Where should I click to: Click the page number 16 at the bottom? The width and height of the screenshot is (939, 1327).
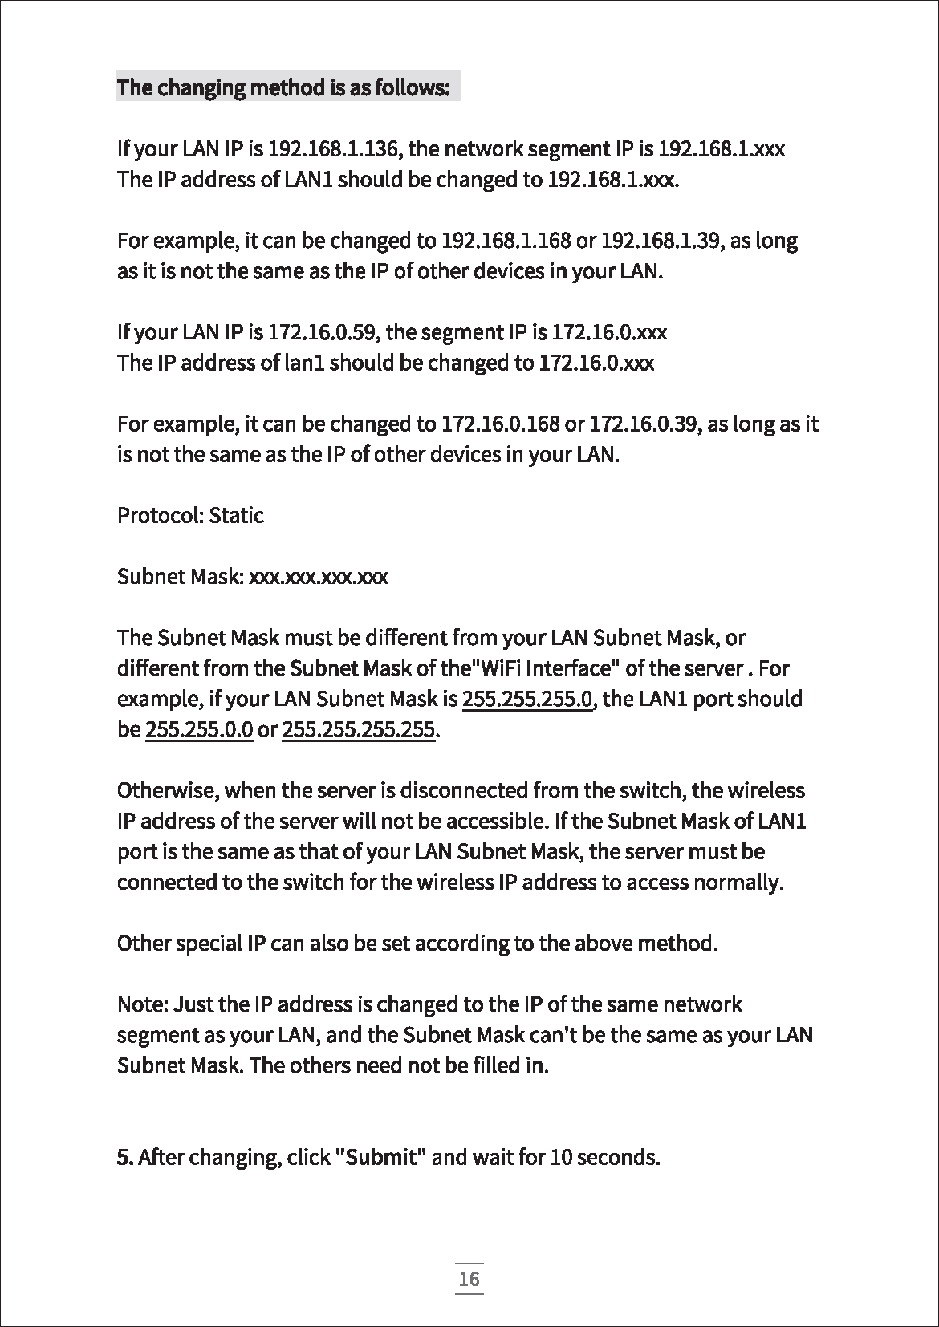[469, 1278]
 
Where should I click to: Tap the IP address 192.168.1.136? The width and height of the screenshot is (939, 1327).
[337, 149]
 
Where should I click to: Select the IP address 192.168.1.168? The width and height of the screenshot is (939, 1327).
[506, 241]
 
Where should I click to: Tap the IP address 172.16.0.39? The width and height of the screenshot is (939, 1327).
[641, 424]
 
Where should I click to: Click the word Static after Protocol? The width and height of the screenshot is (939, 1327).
[236, 515]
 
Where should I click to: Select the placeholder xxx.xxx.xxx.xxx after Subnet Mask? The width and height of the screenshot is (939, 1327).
[319, 577]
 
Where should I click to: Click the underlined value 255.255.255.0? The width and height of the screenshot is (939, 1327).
[528, 699]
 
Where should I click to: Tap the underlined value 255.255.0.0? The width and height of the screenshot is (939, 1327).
[199, 730]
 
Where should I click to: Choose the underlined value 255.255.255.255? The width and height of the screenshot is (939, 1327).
[359, 730]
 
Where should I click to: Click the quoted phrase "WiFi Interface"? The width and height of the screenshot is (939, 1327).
[539, 668]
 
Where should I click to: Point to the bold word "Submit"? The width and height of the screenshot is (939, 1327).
[380, 1157]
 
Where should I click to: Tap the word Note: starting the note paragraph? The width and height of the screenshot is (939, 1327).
[143, 1004]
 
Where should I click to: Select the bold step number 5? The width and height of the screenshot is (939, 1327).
[124, 1157]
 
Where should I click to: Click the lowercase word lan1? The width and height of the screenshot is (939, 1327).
[305, 363]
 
